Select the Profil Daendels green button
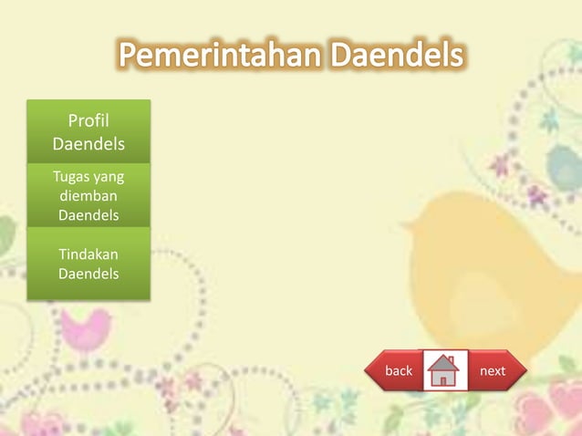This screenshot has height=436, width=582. click(88, 132)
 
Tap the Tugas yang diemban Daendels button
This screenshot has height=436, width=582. click(88, 196)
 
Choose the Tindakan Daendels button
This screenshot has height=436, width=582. click(88, 264)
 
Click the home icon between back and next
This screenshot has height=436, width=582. click(444, 370)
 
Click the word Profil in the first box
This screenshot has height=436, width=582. click(88, 120)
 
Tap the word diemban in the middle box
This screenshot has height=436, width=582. click(88, 196)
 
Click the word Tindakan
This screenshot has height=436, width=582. click(88, 254)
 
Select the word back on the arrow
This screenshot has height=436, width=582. click(399, 371)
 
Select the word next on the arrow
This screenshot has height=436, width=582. click(493, 371)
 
